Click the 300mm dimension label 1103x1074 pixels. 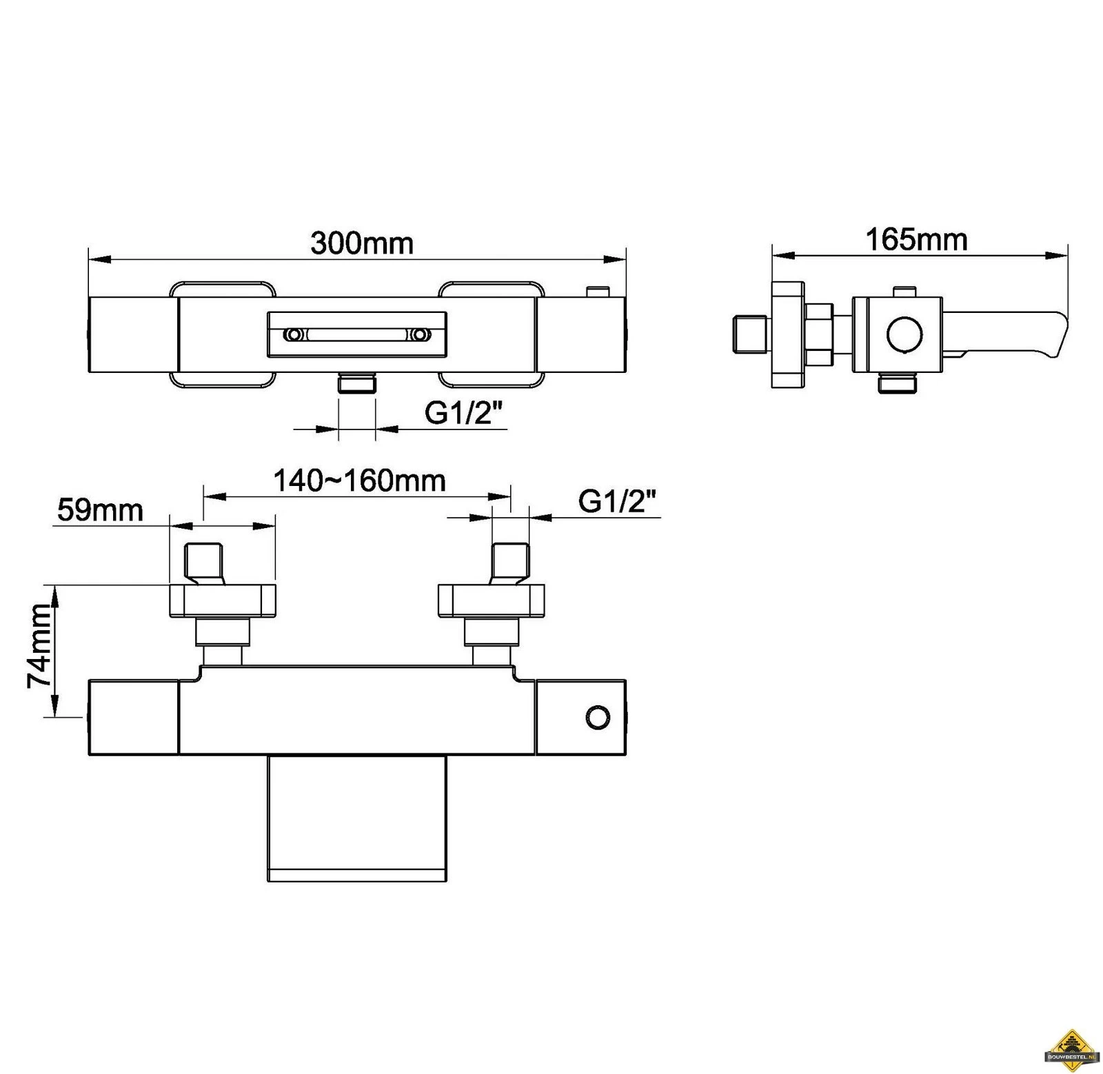(x=361, y=243)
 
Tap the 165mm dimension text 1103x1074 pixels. (x=916, y=240)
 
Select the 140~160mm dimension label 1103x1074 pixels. (x=360, y=480)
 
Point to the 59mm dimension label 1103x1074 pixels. (x=100, y=510)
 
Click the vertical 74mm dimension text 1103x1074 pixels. (x=39, y=645)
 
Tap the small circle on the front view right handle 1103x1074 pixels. (x=598, y=718)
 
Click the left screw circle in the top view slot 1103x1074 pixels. (x=294, y=335)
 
